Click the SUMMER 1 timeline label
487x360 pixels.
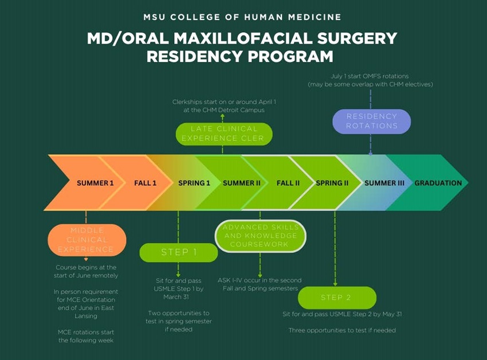pos(95,183)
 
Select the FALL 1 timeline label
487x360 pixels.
pos(146,183)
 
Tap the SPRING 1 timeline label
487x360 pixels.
pos(194,183)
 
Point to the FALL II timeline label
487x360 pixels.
pos(288,183)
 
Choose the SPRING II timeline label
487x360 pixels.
pos(332,183)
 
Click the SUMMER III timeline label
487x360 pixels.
pos(384,183)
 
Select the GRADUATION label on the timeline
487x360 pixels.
pos(438,183)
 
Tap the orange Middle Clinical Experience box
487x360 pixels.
pos(87,240)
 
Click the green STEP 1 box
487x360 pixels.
pos(179,252)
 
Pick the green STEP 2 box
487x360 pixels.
pos(336,298)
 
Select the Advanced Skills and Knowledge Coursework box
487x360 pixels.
pos(261,236)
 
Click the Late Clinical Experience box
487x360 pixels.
pos(223,134)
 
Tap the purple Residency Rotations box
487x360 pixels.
pos(372,121)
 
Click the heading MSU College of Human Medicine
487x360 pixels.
pos(243,17)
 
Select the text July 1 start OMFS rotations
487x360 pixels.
pos(370,76)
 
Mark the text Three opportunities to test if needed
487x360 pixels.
pos(342,330)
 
